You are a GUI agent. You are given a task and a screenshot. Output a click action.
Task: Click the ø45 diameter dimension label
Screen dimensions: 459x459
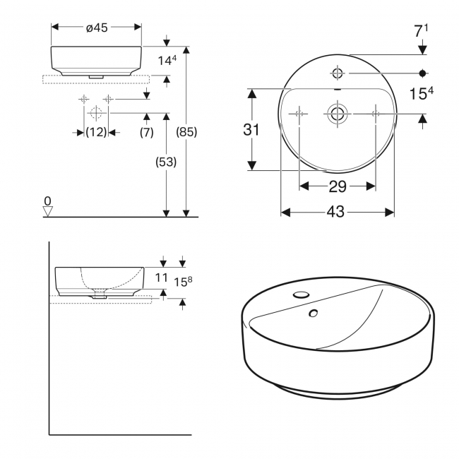coord(96,28)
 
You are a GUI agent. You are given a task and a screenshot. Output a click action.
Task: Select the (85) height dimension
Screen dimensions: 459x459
coord(186,132)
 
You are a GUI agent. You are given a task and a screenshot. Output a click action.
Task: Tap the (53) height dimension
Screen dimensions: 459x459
coord(166,162)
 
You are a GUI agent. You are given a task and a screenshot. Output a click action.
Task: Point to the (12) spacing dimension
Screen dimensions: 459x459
coord(96,132)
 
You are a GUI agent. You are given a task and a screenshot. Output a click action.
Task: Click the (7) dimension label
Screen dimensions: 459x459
coord(147,132)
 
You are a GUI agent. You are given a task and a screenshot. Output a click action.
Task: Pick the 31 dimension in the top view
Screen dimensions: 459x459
coord(251,129)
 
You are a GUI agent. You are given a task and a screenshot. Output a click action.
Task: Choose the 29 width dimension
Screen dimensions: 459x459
coord(338,186)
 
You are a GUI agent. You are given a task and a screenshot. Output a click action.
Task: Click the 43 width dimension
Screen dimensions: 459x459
coord(337,211)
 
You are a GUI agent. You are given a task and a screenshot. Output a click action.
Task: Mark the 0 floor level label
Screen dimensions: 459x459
coord(47,201)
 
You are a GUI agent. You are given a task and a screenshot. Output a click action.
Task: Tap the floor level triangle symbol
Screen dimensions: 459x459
coord(48,210)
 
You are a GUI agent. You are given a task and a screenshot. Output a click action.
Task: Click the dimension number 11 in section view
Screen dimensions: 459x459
coord(162,278)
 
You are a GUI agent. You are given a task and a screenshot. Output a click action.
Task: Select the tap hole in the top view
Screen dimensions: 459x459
coord(338,73)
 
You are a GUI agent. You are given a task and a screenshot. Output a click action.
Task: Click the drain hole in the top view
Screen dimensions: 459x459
coord(338,112)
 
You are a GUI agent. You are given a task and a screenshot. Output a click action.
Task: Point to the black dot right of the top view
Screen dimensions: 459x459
coord(422,73)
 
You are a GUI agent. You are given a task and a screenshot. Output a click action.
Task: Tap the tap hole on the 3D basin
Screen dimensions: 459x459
coord(302,294)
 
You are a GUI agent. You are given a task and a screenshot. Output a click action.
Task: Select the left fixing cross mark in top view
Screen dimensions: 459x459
coord(299,112)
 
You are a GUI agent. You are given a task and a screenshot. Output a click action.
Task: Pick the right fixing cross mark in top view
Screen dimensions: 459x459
coord(376,112)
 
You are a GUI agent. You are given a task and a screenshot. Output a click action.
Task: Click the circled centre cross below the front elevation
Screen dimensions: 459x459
coord(96,112)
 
